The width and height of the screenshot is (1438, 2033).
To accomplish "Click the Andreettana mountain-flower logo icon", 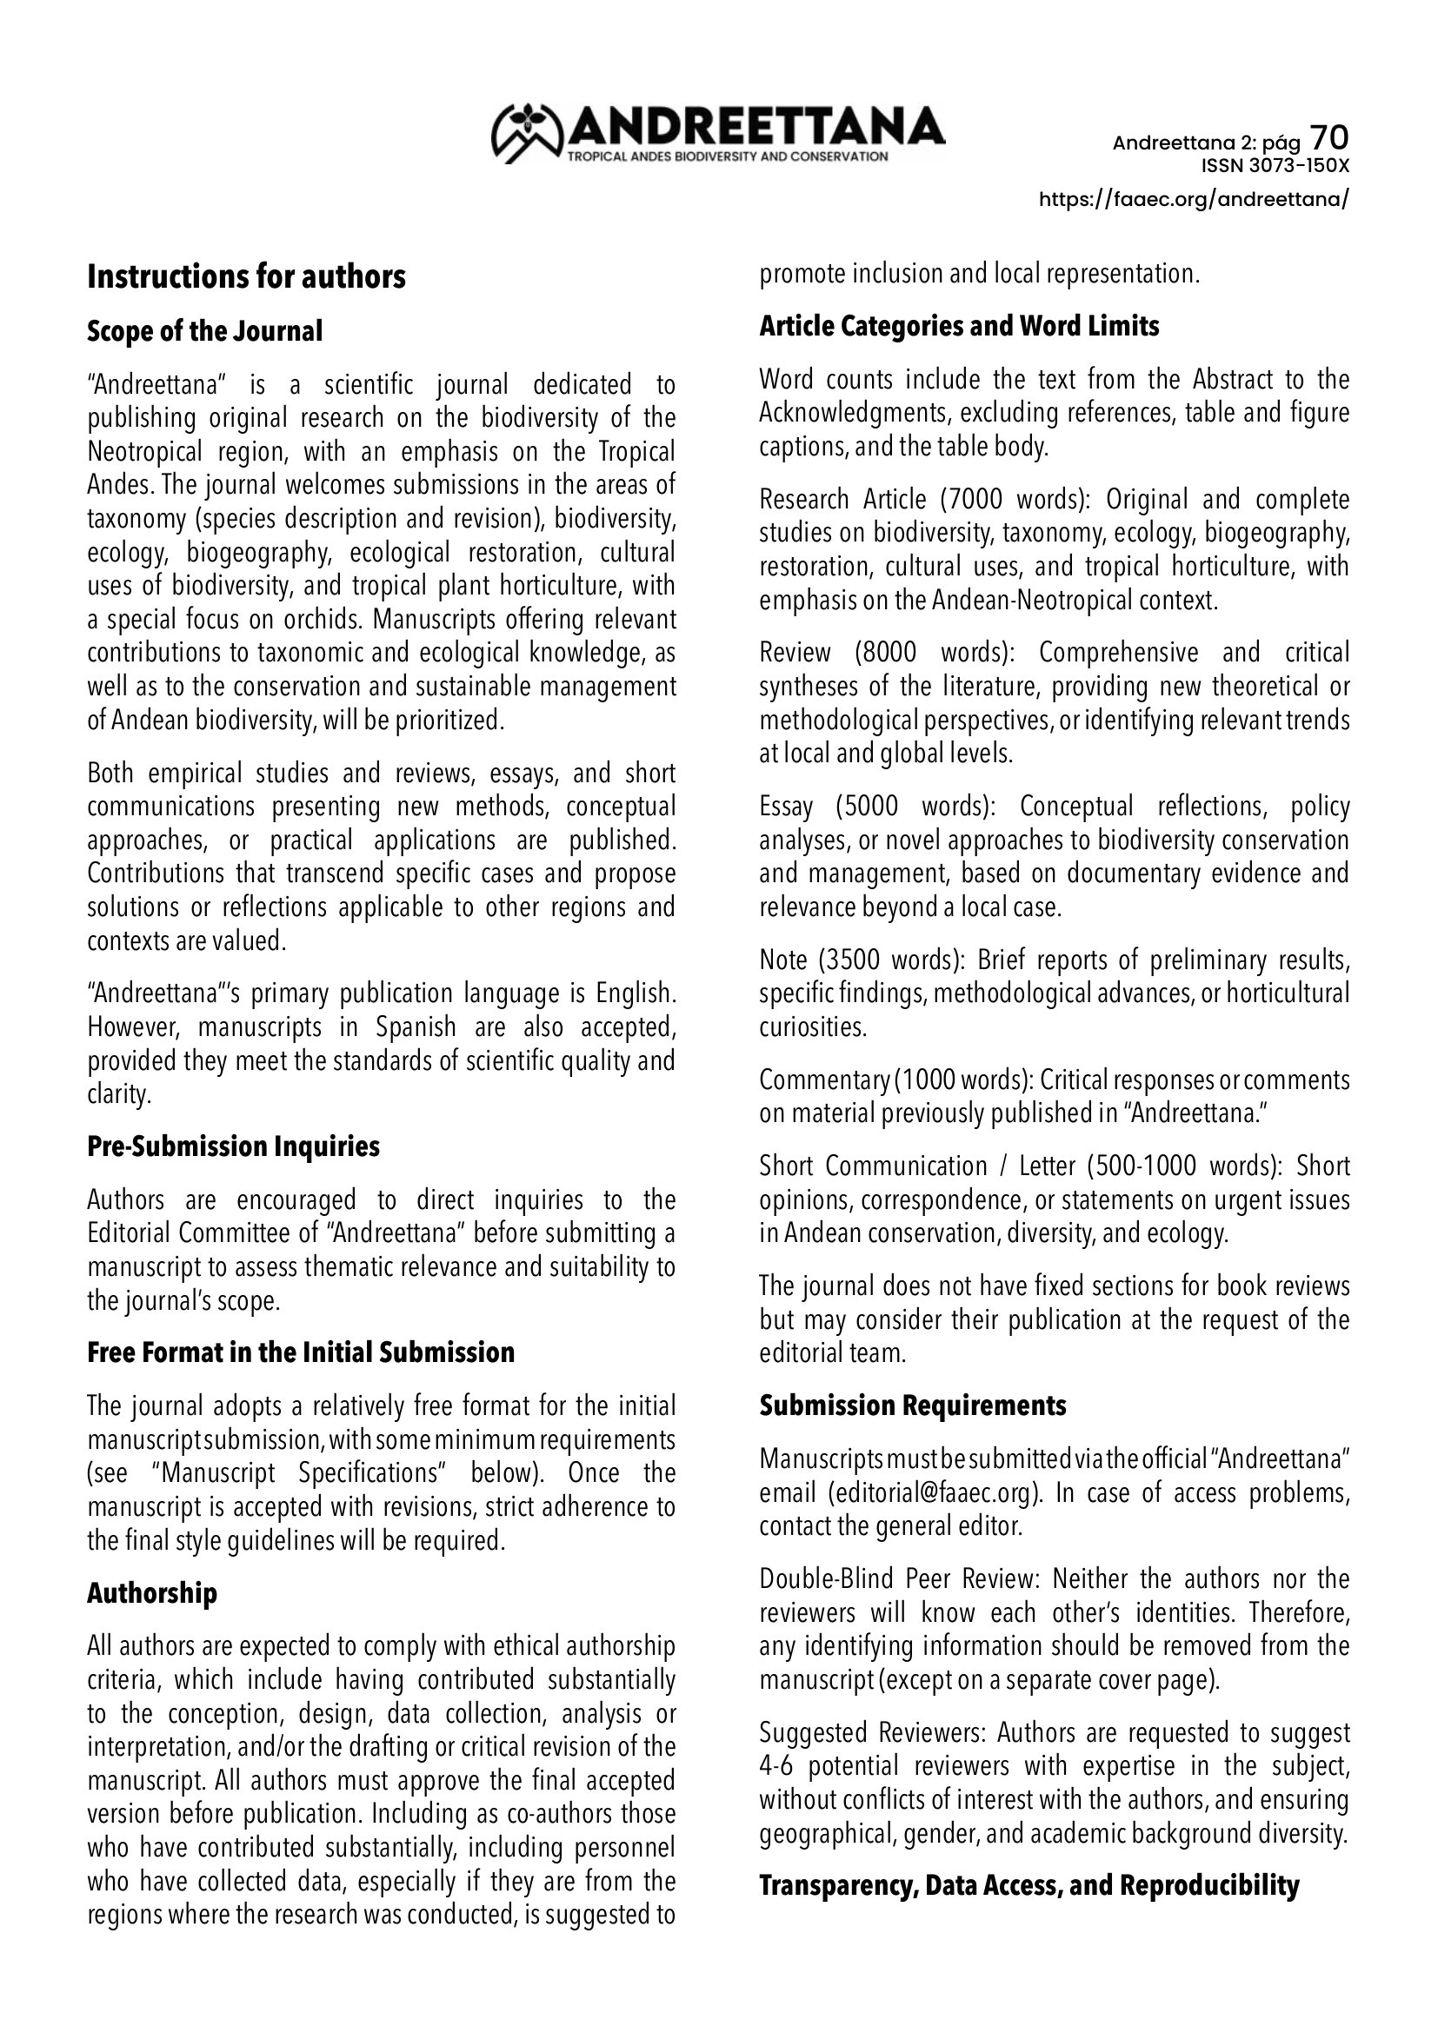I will pyautogui.click(x=529, y=134).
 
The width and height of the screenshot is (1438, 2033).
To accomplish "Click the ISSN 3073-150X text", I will pyautogui.click(x=1275, y=166).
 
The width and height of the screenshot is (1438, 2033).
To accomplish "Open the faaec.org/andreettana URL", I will pyautogui.click(x=1194, y=199).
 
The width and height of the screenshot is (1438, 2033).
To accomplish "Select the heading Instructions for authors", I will pyautogui.click(x=246, y=277).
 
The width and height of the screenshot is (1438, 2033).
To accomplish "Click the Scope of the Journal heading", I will pyautogui.click(x=204, y=331).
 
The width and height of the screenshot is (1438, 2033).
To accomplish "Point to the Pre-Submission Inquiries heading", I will pyautogui.click(x=233, y=1146).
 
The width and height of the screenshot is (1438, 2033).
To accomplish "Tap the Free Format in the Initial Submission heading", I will pyautogui.click(x=300, y=1352).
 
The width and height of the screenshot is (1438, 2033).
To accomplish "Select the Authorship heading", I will pyautogui.click(x=151, y=1593).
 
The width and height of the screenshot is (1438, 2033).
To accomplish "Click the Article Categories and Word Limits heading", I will pyautogui.click(x=959, y=326).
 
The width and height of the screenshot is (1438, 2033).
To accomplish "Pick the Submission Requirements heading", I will pyautogui.click(x=912, y=1405).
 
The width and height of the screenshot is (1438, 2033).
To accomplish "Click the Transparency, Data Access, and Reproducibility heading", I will pyautogui.click(x=1029, y=1886).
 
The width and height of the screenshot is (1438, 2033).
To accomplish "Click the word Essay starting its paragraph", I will pyautogui.click(x=786, y=807).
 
